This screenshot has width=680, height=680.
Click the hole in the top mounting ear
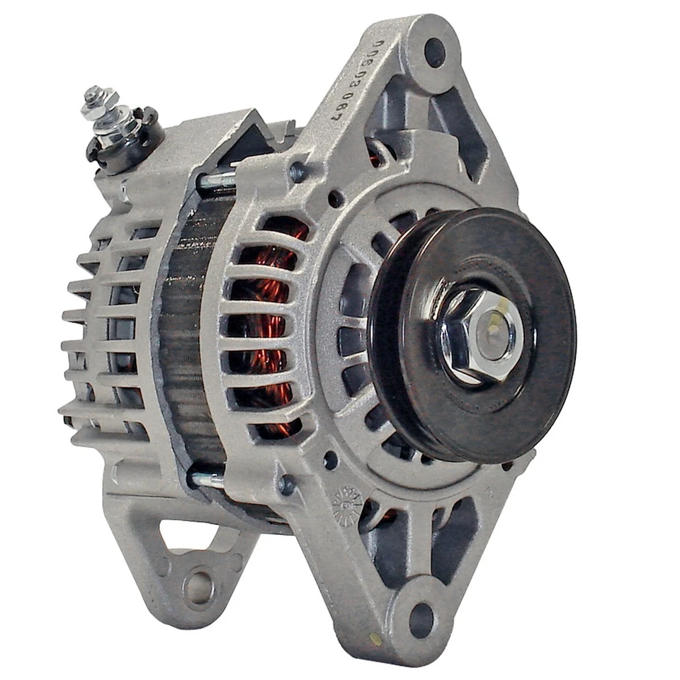(434, 52)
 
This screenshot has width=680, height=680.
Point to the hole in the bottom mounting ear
(421, 620)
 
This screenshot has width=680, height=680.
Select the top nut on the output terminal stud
(93, 95)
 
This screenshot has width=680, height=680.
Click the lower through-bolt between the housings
(208, 480)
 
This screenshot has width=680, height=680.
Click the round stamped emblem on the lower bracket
(347, 504)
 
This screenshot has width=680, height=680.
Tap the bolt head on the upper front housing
(298, 171)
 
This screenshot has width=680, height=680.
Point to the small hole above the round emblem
(330, 460)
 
